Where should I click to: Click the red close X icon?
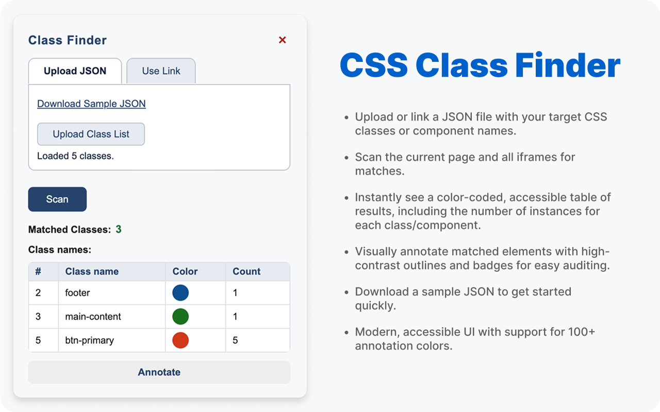(282, 40)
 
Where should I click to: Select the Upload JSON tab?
(75, 71)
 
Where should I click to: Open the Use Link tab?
(161, 71)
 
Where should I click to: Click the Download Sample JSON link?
(91, 104)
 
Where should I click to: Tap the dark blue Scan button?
(57, 199)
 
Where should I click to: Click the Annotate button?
(159, 372)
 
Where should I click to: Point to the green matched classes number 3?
(119, 229)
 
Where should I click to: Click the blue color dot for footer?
(180, 293)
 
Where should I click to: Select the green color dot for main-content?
(180, 316)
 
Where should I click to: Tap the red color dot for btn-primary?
(180, 340)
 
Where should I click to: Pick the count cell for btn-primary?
(258, 340)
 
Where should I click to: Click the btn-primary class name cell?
(112, 340)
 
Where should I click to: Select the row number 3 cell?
(44, 316)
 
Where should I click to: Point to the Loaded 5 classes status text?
(75, 156)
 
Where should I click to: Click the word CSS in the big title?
(374, 65)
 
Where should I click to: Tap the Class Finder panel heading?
(68, 40)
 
